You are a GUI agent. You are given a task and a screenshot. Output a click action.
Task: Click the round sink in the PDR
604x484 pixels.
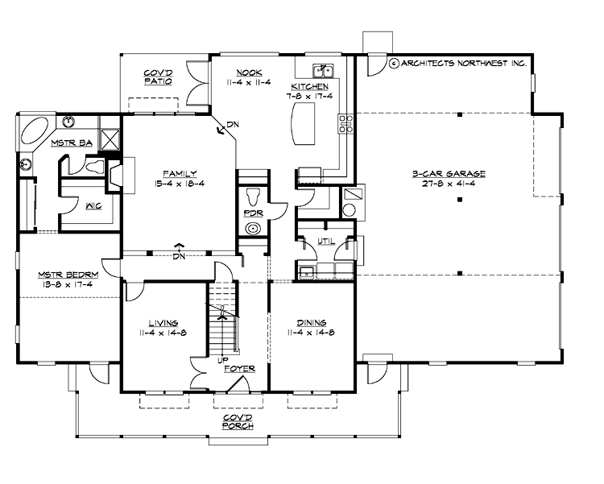tap(253, 229)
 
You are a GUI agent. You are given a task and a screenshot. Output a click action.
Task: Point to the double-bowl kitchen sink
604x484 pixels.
tap(325, 69)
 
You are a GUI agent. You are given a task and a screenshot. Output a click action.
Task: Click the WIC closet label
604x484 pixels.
tap(93, 206)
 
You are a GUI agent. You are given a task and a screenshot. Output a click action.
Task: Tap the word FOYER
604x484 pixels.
tap(241, 368)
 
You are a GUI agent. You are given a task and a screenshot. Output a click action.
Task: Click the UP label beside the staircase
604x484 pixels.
tap(219, 360)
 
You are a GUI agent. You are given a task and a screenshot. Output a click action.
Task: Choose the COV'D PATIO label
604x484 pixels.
tap(155, 77)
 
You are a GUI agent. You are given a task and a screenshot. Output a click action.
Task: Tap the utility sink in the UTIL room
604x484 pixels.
tap(308, 271)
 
